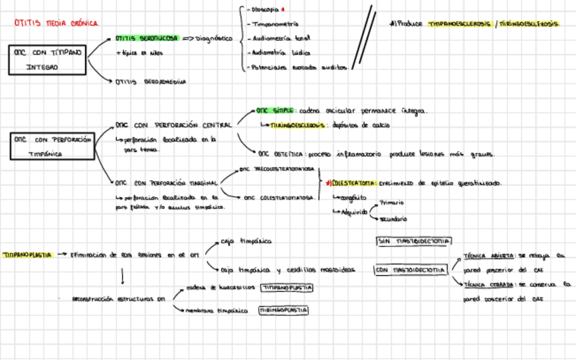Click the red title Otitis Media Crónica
56,23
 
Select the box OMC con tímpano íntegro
47,59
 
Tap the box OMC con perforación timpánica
52,146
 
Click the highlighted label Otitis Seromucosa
147,39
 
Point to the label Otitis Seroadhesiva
151,82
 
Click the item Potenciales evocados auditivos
300,67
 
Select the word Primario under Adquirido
391,202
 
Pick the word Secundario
393,219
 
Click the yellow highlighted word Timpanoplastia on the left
27,255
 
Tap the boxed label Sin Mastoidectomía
413,241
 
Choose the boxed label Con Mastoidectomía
410,270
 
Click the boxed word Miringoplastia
283,310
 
